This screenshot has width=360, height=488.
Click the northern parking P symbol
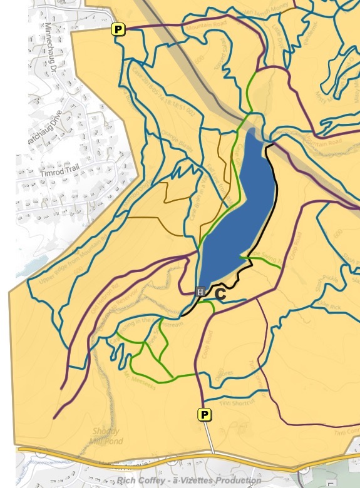[x=118, y=29]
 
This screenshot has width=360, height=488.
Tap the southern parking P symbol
[x=204, y=414]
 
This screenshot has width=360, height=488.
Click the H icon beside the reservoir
[x=200, y=292]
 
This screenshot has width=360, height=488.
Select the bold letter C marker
[x=220, y=293]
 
